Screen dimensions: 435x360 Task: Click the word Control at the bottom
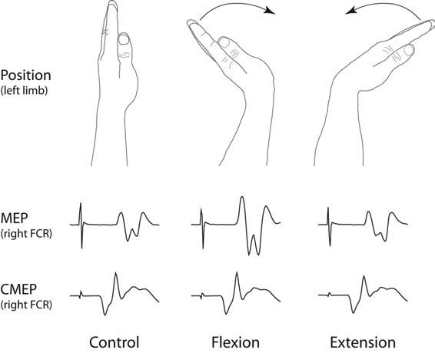pos(114,342)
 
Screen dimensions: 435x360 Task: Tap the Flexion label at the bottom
pos(235,342)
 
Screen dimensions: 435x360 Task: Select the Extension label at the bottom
pos(363,342)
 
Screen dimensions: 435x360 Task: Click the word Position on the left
pos(26,75)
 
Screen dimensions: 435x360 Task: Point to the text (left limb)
pos(24,91)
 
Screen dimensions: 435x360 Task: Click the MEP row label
pos(14,218)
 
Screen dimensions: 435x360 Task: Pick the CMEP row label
pos(18,289)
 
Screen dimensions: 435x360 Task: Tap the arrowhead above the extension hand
pos(351,11)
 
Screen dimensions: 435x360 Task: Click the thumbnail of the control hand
pos(124,39)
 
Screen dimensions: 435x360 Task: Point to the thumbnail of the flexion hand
pos(224,42)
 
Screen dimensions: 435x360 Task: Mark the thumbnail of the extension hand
pos(409,50)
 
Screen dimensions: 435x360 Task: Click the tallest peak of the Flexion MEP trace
pos(242,197)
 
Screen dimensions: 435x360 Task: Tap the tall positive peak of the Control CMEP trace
pos(116,273)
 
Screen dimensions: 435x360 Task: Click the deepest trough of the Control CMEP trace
pos(105,315)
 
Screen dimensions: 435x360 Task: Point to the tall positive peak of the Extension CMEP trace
pos(364,275)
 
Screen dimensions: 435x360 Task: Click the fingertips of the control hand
pos(112,3)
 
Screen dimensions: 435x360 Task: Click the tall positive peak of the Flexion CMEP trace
pos(237,273)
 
